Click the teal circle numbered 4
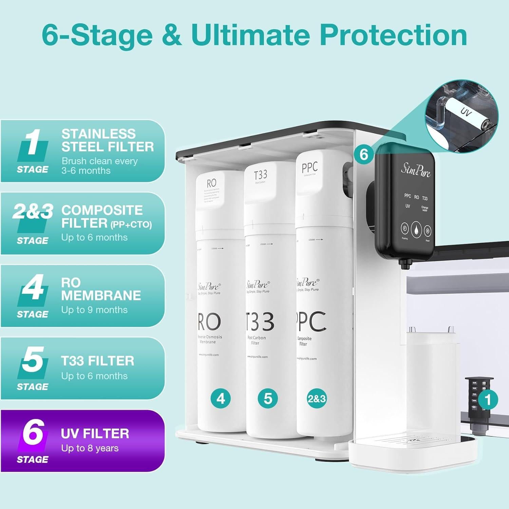click(221, 398)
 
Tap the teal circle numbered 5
click(268, 398)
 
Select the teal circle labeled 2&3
click(317, 398)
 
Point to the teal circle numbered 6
click(364, 154)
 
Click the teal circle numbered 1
click(488, 400)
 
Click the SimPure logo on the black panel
click(416, 170)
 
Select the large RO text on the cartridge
click(209, 322)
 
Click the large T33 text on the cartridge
click(260, 322)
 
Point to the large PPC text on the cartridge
click(312, 321)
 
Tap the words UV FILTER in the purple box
click(95, 434)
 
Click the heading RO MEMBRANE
click(101, 289)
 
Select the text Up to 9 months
click(94, 310)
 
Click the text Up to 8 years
click(90, 448)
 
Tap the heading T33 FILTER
click(98, 361)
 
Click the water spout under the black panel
click(403, 263)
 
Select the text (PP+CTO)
click(131, 225)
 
